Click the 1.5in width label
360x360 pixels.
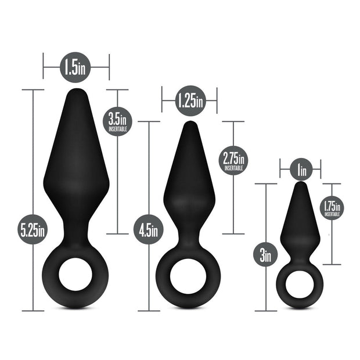click(75, 69)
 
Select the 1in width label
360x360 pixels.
click(301, 170)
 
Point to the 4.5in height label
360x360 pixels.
click(149, 230)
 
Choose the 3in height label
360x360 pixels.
click(265, 255)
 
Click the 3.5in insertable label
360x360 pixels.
click(118, 121)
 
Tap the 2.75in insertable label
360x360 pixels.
click(233, 159)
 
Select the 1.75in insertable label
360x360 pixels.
click(332, 207)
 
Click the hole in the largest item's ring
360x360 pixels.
click(75, 276)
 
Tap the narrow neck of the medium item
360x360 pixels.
click(188, 241)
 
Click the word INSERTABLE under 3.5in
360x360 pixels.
click(118, 129)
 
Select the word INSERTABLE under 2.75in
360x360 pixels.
click(233, 167)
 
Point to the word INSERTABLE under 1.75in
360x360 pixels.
click(332, 215)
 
